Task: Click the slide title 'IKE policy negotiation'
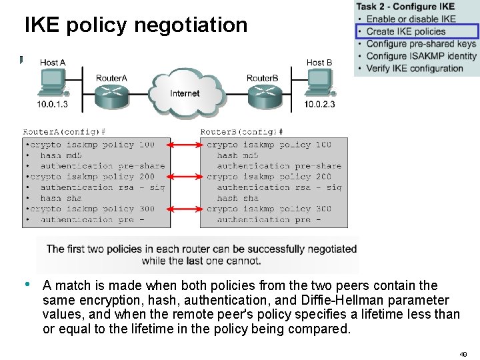point(136,25)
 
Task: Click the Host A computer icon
point(52,83)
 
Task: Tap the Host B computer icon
point(320,83)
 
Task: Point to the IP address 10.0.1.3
point(52,105)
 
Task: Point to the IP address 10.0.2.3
point(320,105)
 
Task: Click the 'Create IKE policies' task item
point(405,31)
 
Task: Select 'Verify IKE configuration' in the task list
point(415,68)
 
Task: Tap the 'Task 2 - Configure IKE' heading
point(406,7)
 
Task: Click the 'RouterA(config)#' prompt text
point(65,132)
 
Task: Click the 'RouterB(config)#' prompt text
point(242,132)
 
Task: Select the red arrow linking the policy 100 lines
point(185,145)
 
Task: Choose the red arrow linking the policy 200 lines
point(185,177)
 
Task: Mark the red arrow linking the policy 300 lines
point(185,209)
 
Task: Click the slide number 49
point(463,353)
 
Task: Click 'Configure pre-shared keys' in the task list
point(421,44)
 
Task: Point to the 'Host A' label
point(53,63)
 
